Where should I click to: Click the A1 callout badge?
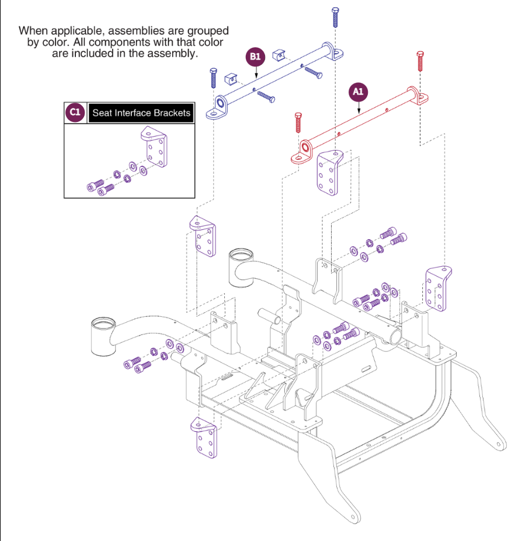click(358, 92)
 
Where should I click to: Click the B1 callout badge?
click(255, 57)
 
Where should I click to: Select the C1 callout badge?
click(74, 113)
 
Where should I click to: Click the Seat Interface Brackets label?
click(141, 113)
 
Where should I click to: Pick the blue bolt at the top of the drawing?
click(335, 17)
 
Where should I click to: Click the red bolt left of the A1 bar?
click(298, 122)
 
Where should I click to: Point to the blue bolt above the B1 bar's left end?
click(213, 77)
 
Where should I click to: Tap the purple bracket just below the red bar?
click(329, 173)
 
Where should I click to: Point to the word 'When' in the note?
click(33, 30)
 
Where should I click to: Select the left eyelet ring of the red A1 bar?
click(305, 147)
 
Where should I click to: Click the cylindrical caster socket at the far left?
click(103, 337)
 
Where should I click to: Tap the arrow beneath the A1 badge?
click(358, 106)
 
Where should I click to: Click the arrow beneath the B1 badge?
click(255, 71)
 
